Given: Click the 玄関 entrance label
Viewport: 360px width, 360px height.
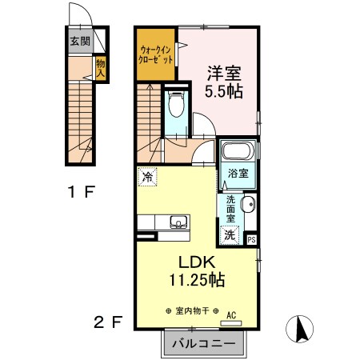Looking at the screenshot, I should pos(78,42).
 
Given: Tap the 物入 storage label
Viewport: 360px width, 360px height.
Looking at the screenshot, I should pos(100,66).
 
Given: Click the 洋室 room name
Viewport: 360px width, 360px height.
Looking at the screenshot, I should pos(222,73).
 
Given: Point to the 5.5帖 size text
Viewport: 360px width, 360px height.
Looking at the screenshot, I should pos(222,91).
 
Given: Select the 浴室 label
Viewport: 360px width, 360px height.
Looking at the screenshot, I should pos(238,173).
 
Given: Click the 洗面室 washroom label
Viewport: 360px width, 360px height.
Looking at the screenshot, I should pos(230,210).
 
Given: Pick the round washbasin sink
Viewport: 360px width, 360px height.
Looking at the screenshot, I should pos(249,204).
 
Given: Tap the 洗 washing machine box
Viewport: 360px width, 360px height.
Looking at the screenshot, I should pos(230,235).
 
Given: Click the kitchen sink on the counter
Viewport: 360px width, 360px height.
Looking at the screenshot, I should pos(178,222).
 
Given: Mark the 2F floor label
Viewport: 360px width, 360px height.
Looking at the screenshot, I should pos(109,322).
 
